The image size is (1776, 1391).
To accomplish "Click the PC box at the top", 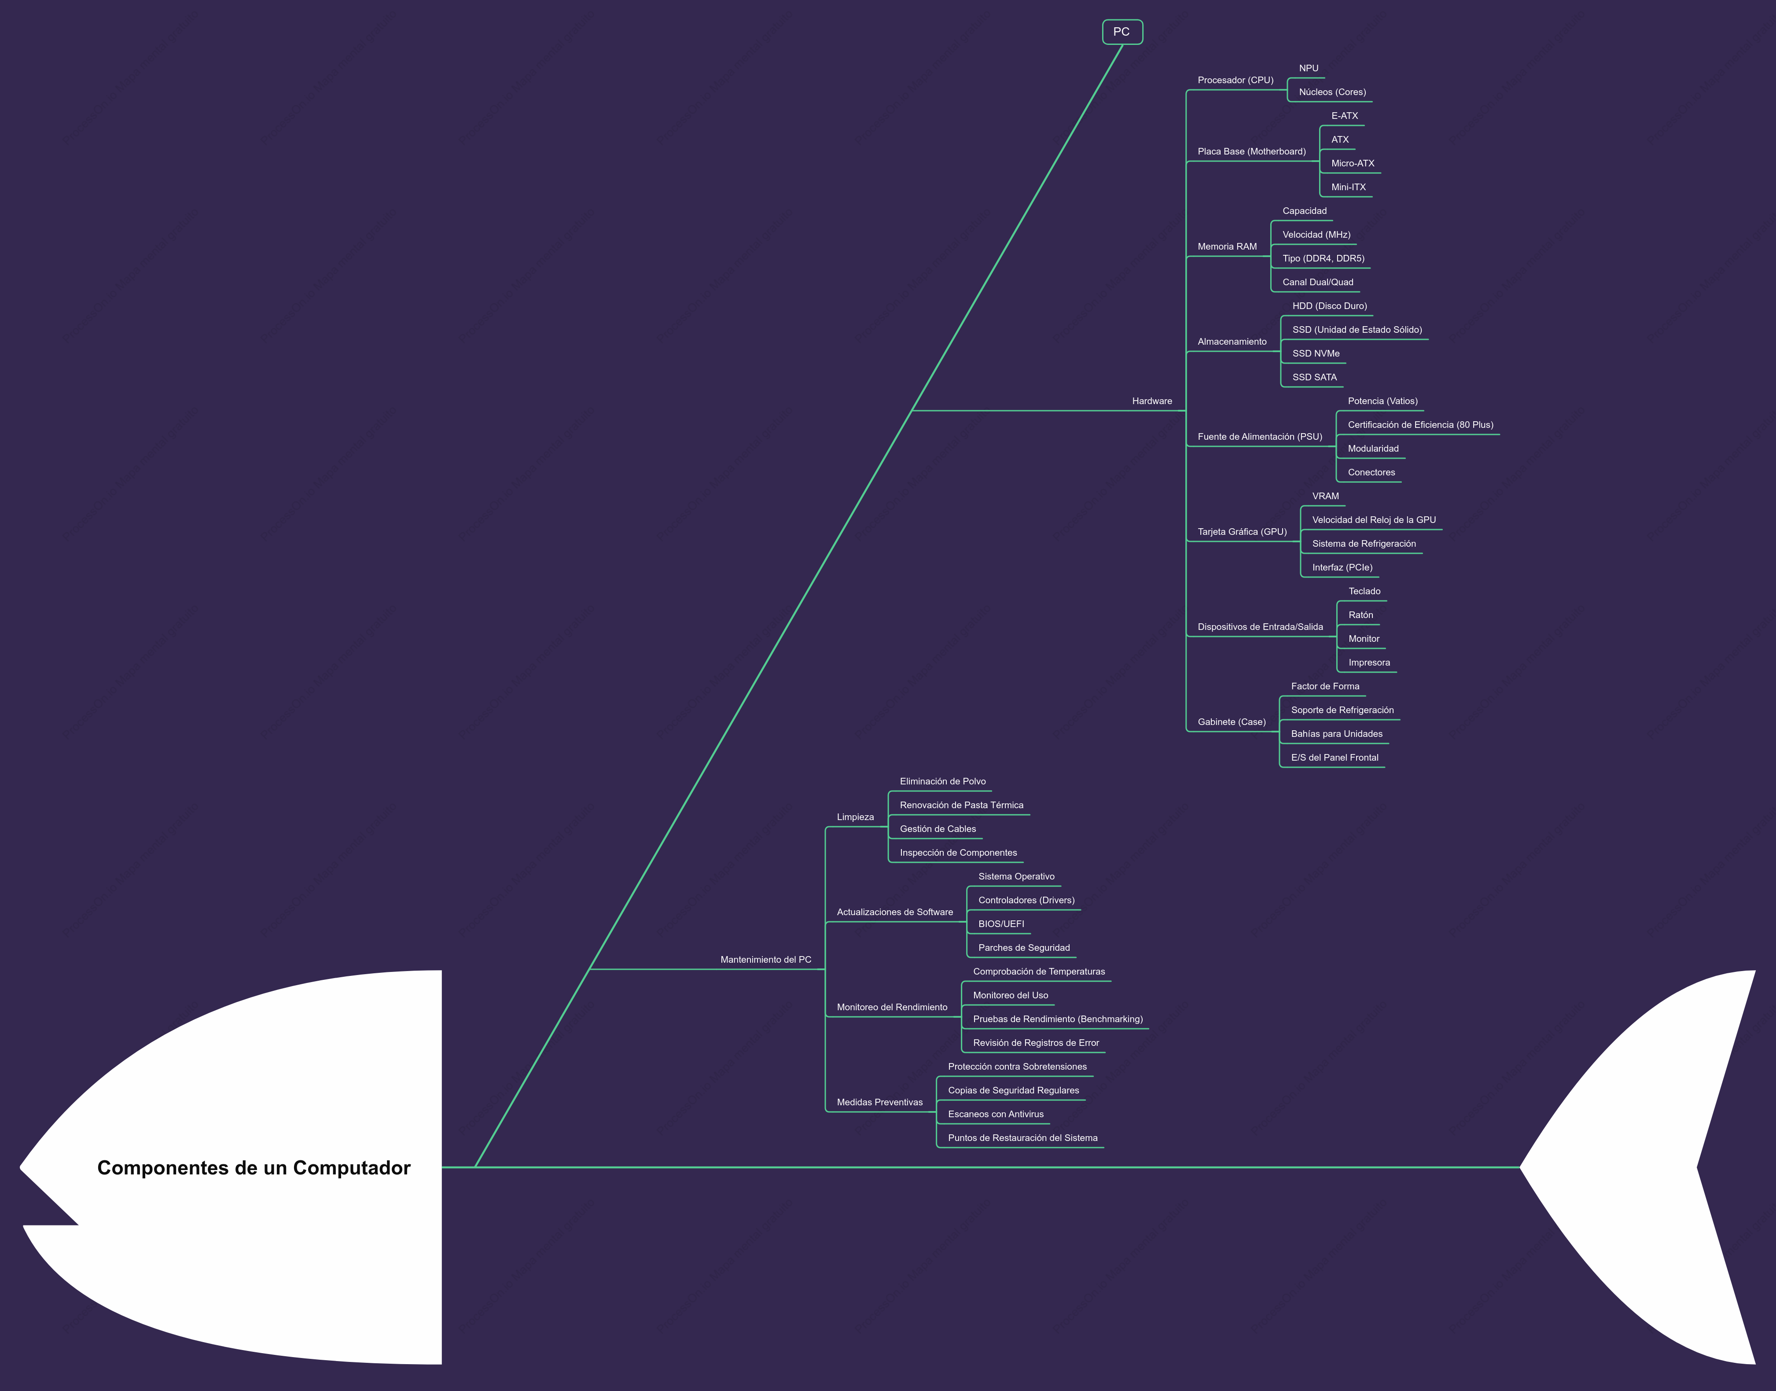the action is (x=1122, y=32).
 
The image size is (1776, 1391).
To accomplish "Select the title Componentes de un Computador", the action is (x=254, y=1168).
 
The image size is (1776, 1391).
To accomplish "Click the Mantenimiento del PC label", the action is (x=765, y=959).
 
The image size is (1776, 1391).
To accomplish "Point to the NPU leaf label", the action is (x=1309, y=68).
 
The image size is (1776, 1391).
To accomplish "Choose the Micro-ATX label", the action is (x=1353, y=163).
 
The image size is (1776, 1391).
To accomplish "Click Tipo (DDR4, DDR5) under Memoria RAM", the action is (x=1323, y=258).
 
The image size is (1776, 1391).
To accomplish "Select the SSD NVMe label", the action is (x=1316, y=353).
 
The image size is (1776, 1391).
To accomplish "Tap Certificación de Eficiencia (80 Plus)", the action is (x=1420, y=424).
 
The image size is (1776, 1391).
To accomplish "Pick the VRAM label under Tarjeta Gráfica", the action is (x=1325, y=496).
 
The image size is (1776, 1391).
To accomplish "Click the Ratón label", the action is (x=1360, y=615).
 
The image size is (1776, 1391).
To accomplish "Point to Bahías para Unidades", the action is (x=1336, y=734).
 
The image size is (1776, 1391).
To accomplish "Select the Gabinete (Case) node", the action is (x=1231, y=721).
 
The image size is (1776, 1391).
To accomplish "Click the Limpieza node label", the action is (x=855, y=817).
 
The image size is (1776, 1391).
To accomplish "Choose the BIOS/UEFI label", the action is (x=1001, y=924).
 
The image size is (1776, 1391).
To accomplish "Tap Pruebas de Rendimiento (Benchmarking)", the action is (x=1058, y=1019).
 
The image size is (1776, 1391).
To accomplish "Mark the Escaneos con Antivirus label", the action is (x=995, y=1114).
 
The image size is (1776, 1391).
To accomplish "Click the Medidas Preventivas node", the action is (x=879, y=1102).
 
